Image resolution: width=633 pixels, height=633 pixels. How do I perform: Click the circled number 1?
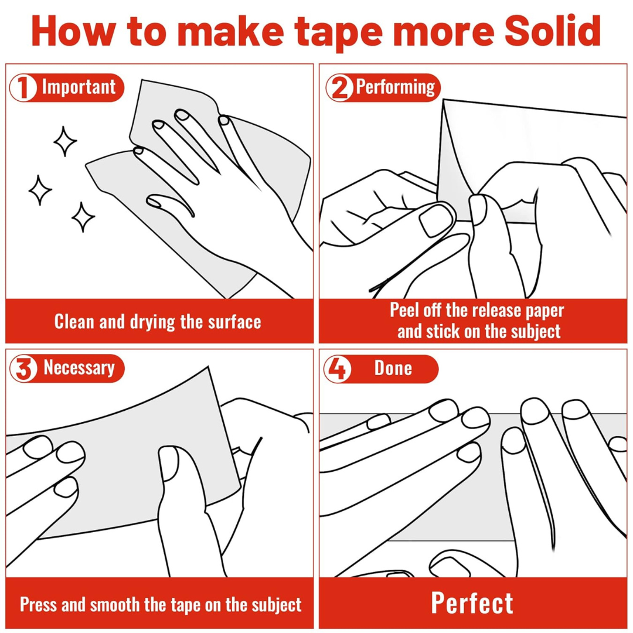point(23,87)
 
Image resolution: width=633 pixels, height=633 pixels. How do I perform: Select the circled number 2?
point(339,87)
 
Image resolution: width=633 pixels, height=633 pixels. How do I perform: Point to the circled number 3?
point(23,368)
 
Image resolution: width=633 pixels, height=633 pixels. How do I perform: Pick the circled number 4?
point(338,369)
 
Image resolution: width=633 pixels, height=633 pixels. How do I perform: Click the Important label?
point(79,87)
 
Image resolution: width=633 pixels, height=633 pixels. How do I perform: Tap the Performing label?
point(396,87)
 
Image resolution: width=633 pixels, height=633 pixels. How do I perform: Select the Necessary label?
point(79,367)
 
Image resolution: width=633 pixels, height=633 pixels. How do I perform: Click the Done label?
point(393,368)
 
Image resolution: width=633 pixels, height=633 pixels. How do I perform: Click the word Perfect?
point(472,603)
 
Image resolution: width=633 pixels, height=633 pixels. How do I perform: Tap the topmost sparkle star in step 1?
point(65,141)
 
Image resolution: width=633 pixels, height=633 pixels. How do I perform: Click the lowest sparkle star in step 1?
point(83,217)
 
